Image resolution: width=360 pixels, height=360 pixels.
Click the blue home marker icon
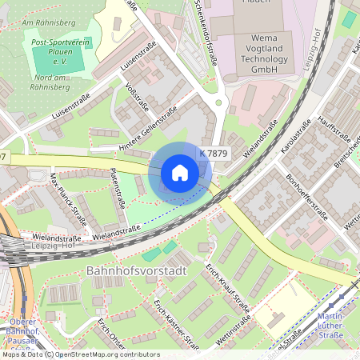[x=180, y=173]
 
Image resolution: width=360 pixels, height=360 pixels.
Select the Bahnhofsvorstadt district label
[x=134, y=271]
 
